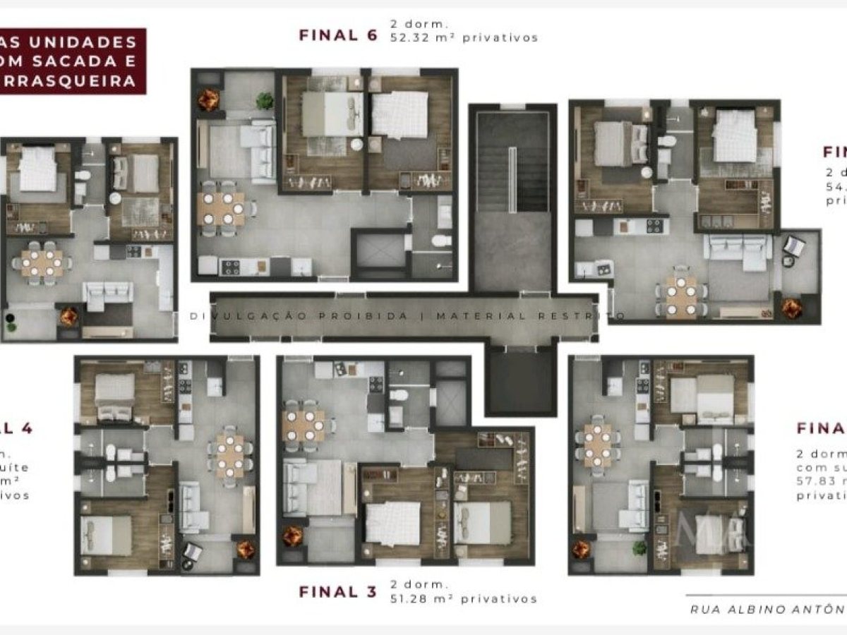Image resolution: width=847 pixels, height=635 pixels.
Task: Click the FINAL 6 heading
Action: tap(338, 35)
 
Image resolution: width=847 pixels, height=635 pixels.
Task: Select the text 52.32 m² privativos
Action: tap(464, 37)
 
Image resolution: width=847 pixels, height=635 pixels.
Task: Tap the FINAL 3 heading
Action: tap(338, 592)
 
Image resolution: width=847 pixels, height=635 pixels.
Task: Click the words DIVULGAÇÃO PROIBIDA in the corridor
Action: tap(299, 316)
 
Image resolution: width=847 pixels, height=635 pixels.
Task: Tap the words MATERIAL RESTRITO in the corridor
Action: tap(529, 316)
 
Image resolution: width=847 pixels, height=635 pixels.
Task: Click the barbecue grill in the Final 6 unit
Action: tap(208, 99)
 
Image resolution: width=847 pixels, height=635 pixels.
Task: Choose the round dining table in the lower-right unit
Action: tap(599, 446)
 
